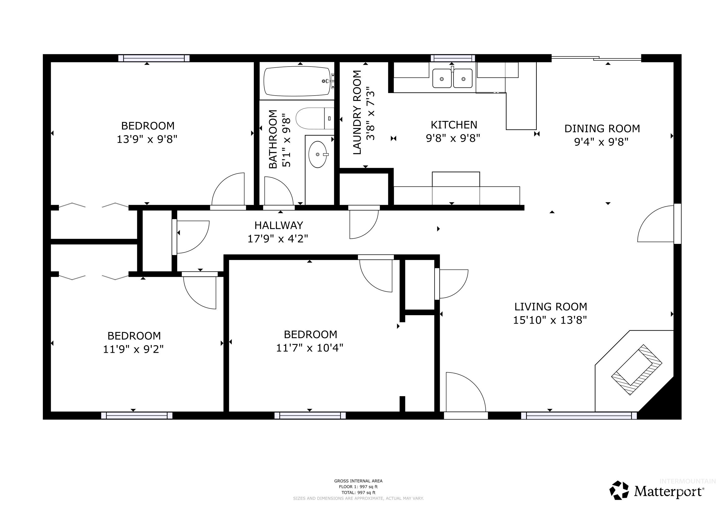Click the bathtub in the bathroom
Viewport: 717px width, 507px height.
click(297, 81)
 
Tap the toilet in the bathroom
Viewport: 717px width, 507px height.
click(314, 118)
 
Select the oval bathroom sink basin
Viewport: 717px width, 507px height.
click(318, 154)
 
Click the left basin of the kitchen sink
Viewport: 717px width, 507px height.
click(442, 79)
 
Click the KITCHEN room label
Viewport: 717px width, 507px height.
click(454, 125)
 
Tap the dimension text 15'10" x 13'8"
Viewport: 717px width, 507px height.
click(550, 320)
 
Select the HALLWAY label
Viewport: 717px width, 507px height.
click(279, 226)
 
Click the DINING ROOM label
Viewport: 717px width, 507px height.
click(602, 129)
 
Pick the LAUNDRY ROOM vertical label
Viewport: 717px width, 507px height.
click(357, 112)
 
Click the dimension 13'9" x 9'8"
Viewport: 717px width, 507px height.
click(147, 139)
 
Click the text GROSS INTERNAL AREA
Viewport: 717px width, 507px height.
click(358, 481)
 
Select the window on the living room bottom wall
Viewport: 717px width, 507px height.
click(579, 416)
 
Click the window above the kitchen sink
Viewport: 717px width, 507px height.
click(453, 58)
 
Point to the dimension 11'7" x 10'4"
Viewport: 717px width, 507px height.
click(309, 348)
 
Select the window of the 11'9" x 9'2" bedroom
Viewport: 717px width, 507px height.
click(136, 416)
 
